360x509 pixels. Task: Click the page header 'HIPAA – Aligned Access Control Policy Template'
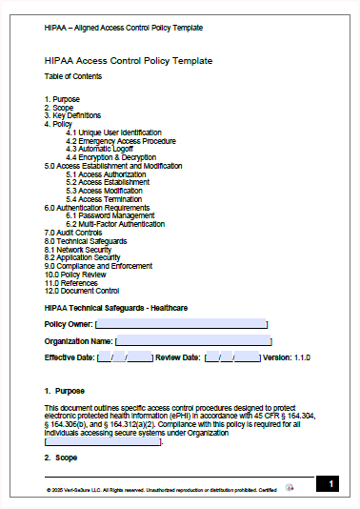point(123,28)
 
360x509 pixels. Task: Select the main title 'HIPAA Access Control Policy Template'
point(129,61)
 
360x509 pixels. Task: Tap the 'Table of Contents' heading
point(73,75)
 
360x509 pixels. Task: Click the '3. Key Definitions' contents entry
point(72,115)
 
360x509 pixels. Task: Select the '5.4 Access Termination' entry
point(104,199)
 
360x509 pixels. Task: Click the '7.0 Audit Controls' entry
point(73,233)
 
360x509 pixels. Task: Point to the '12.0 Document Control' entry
point(82,291)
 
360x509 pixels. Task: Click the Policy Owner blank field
point(180,325)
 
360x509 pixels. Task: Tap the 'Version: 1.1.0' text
point(290,357)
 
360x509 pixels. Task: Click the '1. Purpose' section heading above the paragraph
point(64,391)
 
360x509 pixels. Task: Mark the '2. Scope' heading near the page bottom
point(61,458)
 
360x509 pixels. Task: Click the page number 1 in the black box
point(330,485)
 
